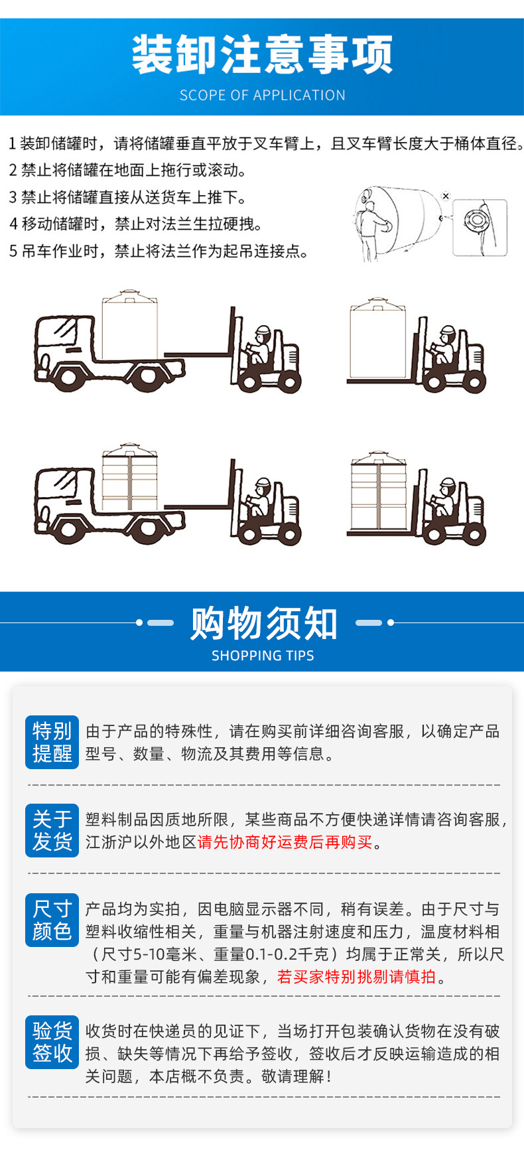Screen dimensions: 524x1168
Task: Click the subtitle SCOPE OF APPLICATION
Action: coord(262,95)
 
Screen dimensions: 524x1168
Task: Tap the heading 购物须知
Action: coord(264,623)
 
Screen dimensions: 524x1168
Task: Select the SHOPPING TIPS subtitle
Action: coord(263,656)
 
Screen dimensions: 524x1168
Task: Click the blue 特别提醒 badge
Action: coord(52,742)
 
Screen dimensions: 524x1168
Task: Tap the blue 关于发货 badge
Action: coord(52,830)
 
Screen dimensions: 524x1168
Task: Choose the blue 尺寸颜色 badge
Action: coord(52,920)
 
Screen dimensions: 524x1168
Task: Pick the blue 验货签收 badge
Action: coord(52,1042)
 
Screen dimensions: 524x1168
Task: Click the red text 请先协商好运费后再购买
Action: coord(285,841)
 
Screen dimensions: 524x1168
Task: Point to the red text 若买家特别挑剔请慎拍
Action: coord(357,976)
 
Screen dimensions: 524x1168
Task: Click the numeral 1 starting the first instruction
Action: coord(12,143)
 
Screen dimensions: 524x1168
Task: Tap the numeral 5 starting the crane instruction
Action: coord(13,251)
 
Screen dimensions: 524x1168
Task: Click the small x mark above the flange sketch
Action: coord(446,196)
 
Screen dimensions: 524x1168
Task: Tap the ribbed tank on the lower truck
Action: coord(130,476)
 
